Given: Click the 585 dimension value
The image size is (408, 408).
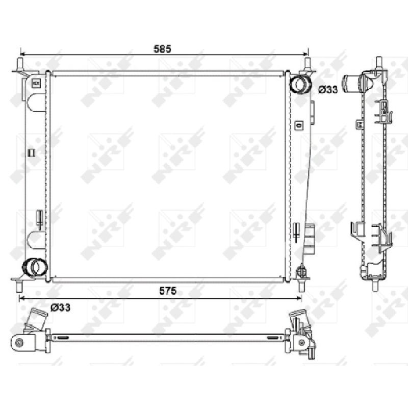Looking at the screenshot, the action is [162, 48].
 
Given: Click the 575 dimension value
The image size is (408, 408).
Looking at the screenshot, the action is [168, 291].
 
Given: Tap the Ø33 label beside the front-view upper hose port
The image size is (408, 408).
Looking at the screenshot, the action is [328, 90].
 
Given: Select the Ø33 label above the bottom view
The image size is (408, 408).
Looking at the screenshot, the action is [60, 308].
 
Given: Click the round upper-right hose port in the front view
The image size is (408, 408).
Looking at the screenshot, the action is [300, 83].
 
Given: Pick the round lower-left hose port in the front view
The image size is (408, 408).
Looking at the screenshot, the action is [35, 267].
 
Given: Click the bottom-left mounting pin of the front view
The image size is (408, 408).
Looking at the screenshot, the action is [19, 286].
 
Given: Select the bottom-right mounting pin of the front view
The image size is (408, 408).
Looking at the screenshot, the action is [301, 286].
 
